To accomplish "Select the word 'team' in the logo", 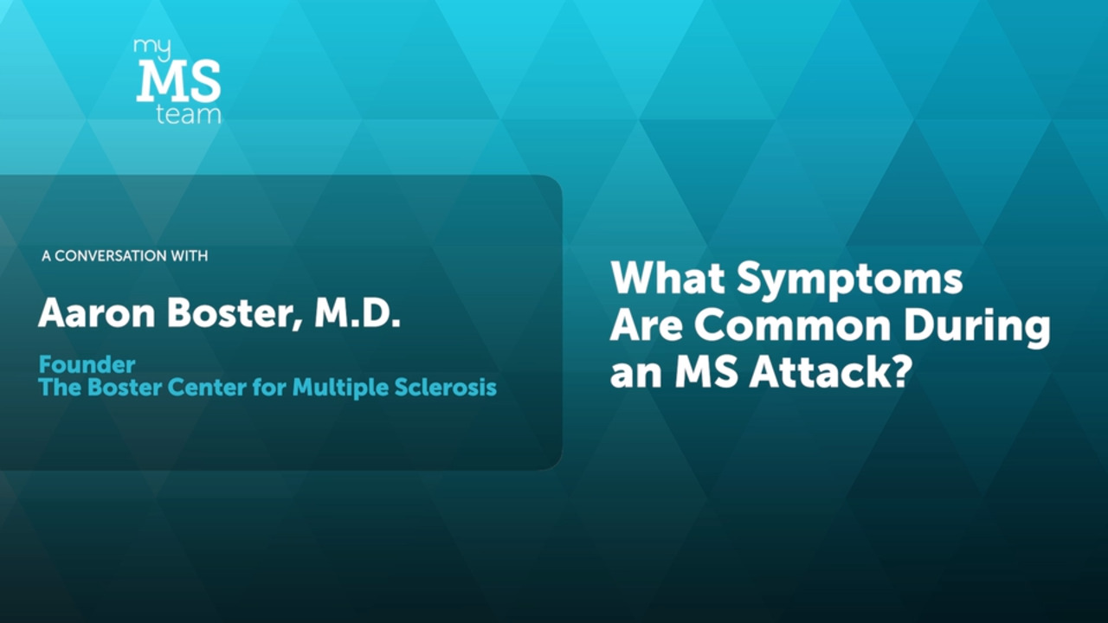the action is (189, 114).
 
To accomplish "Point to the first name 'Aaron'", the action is (97, 312).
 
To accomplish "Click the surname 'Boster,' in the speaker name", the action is (235, 313).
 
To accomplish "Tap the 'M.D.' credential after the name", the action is (358, 312).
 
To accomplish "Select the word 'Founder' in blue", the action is (87, 365).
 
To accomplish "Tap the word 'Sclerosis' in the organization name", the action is (446, 387).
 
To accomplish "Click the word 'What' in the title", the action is (668, 278).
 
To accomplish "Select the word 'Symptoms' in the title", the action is (850, 280).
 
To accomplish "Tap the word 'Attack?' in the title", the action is (830, 371).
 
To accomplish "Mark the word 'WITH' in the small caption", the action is (190, 255).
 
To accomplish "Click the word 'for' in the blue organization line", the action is (269, 387).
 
